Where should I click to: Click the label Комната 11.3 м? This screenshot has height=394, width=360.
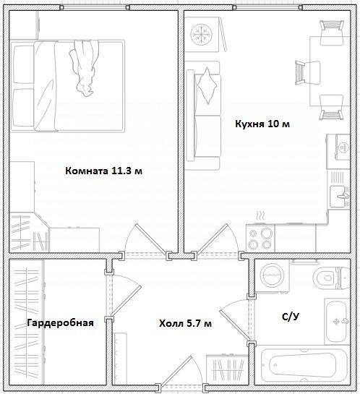point(104,171)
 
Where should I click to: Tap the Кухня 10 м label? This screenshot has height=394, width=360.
point(262,124)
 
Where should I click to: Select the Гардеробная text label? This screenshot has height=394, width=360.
point(60,322)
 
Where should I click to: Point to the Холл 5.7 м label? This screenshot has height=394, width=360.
point(185,323)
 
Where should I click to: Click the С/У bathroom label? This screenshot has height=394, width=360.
point(291,317)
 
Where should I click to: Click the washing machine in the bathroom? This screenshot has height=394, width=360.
point(272,276)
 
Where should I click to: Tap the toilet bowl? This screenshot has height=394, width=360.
point(331,278)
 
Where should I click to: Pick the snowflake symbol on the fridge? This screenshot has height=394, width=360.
point(201,34)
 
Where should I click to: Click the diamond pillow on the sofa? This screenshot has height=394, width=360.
point(207,85)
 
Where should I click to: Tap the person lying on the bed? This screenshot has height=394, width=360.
point(84,68)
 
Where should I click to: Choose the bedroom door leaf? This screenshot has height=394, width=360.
point(151,239)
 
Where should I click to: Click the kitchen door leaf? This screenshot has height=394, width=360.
point(213,239)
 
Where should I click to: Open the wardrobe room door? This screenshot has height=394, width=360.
point(126,301)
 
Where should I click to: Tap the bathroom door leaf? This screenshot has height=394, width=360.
point(235,325)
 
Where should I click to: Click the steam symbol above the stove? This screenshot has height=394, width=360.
point(260,217)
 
